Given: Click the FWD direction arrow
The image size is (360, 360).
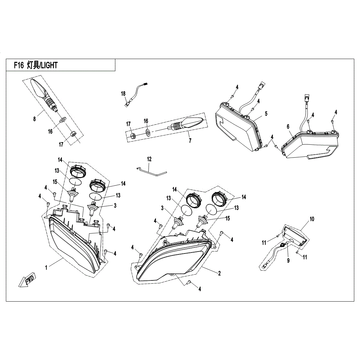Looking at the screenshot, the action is coord(27,279).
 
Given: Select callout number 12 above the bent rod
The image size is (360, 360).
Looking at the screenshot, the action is coord(149,159).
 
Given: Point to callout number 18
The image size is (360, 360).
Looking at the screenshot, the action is coord(123,94).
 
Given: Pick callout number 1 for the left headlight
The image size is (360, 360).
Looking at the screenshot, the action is coord(46,268).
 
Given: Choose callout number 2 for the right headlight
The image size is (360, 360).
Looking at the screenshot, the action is coord(219,273).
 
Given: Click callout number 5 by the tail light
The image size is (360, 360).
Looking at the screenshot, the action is coord(266,114).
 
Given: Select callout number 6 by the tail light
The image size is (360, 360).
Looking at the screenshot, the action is coord(288,127).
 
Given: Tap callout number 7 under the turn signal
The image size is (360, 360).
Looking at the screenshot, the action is coord(190,141).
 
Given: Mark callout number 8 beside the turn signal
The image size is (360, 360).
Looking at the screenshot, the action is coord(34,119).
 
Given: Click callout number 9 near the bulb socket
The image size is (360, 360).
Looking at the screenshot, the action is coord(288,260).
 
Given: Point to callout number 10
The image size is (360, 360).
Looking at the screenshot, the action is coord(312,219).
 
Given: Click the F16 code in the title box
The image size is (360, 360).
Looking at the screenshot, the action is coord(19,65).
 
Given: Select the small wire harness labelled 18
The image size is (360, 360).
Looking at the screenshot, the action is coord(136,94).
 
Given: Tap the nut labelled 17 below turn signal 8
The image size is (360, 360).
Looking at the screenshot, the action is coord(73,133).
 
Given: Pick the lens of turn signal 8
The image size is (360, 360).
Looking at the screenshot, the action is coord(39,88).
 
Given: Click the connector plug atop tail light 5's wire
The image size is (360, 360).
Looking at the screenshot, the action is coord(261,85).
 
